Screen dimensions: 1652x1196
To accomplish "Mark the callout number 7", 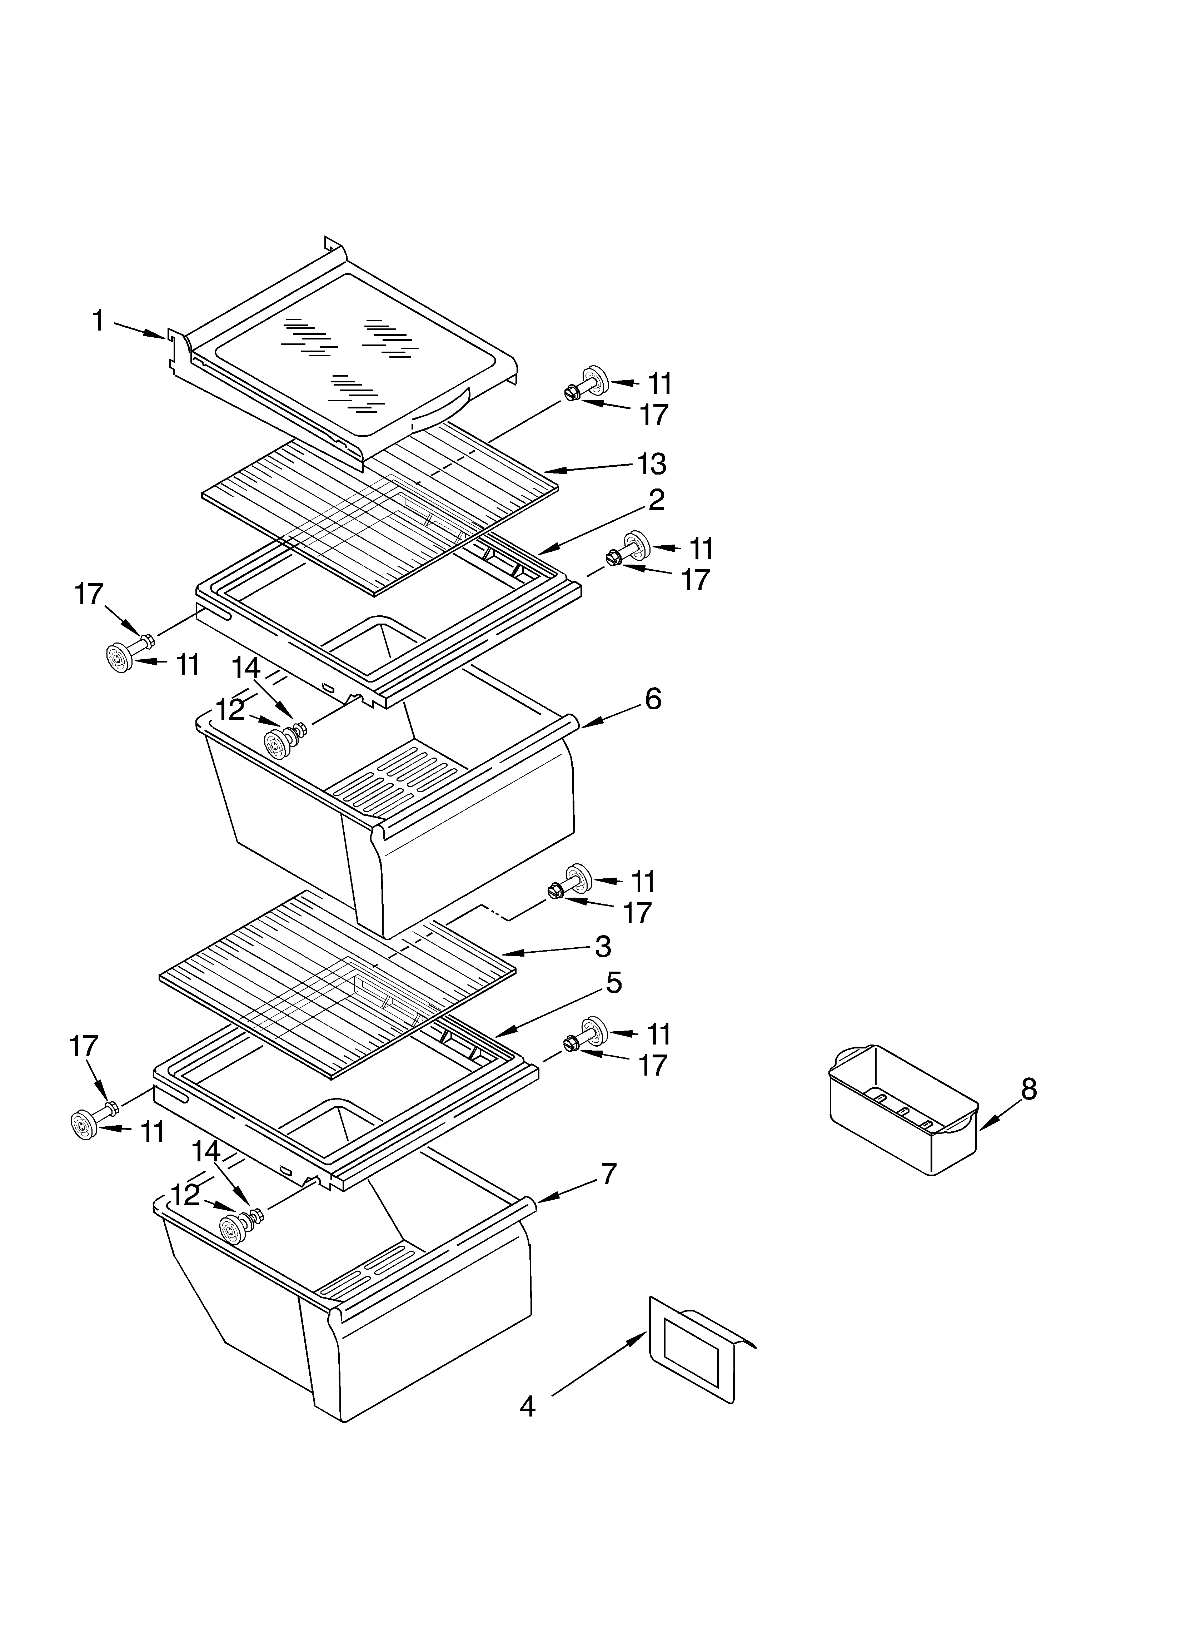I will [x=608, y=1174].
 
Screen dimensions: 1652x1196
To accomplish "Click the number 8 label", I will [x=1028, y=1089].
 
